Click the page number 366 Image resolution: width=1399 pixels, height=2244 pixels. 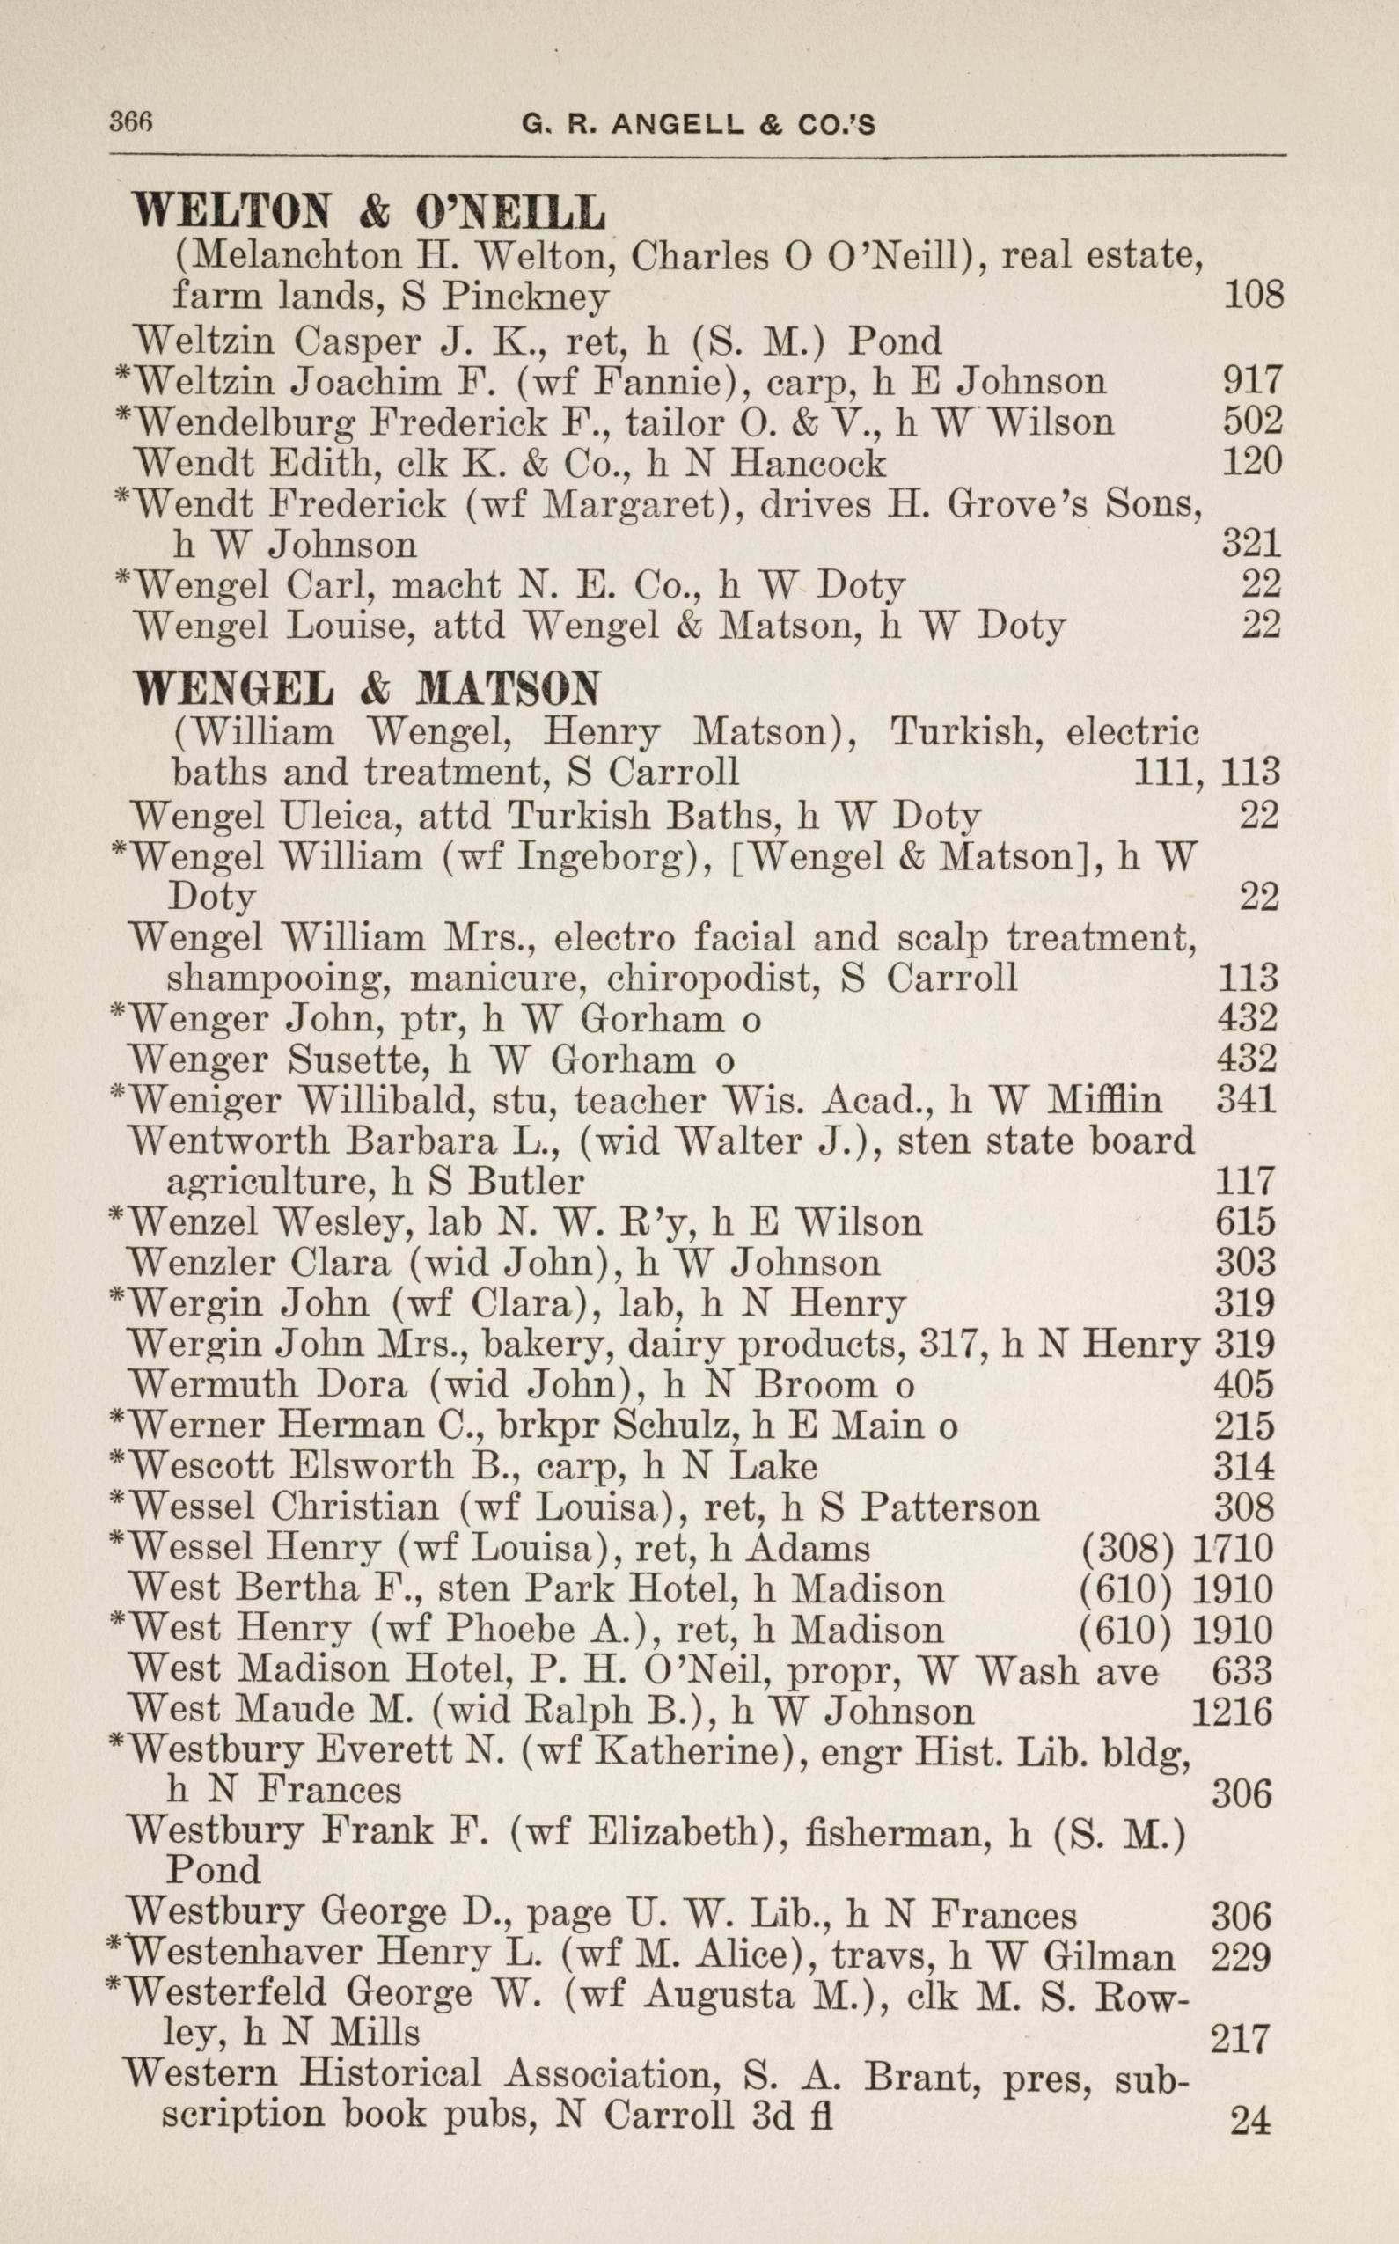[x=130, y=122]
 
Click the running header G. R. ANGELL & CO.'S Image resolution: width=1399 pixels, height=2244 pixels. [x=699, y=124]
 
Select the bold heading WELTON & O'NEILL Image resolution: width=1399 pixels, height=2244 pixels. [x=370, y=213]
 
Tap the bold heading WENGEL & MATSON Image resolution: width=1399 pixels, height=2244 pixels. [x=366, y=688]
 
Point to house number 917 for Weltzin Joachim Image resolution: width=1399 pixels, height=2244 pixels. [x=1252, y=380]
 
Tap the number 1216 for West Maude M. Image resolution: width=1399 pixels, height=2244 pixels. [x=1232, y=1712]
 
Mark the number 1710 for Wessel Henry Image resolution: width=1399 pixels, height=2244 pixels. [x=1234, y=1548]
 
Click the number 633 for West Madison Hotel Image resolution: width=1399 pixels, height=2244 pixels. [x=1242, y=1671]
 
